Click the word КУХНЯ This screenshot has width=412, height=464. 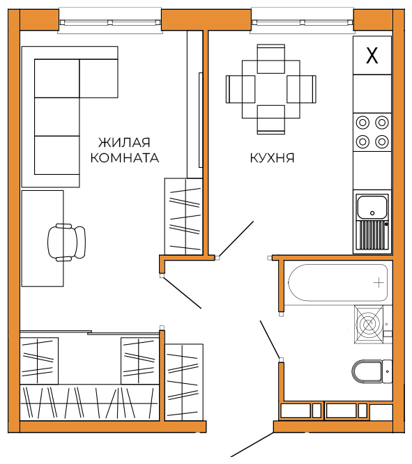tap(272, 157)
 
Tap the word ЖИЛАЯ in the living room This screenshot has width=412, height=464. tap(124, 143)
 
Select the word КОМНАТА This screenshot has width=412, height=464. tap(125, 158)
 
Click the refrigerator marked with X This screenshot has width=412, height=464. tap(372, 55)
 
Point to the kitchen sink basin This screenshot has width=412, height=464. tap(372, 207)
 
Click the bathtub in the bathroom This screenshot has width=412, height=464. tap(338, 283)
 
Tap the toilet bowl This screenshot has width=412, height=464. tap(367, 371)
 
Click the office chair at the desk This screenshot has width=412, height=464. tap(67, 242)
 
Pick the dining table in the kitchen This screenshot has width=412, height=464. tap(271, 89)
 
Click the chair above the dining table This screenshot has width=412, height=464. tap(271, 59)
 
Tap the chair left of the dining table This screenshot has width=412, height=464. tap(241, 89)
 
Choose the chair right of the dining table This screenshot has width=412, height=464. tap(301, 89)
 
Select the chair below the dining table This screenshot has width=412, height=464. tap(271, 120)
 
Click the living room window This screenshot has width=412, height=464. tap(110, 22)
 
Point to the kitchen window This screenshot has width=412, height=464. tap(302, 22)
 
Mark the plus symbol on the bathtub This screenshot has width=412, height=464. tap(379, 283)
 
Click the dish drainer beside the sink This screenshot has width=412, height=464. tap(372, 235)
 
